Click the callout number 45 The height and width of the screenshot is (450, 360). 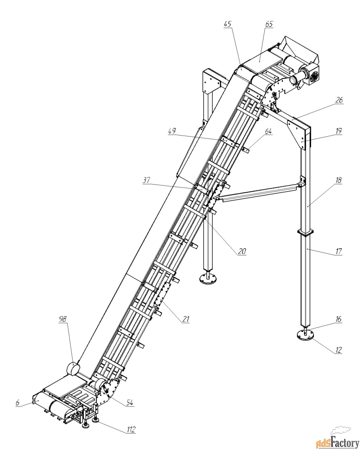[227, 24]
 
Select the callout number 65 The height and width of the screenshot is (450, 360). [269, 24]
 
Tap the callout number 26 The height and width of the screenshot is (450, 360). [339, 100]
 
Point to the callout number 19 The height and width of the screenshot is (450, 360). [339, 131]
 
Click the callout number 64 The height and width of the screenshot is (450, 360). [268, 131]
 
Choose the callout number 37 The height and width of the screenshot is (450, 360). [147, 180]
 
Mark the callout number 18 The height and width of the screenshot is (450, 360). [339, 180]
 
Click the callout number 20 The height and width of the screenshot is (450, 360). [242, 251]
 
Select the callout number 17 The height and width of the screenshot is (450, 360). [339, 251]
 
